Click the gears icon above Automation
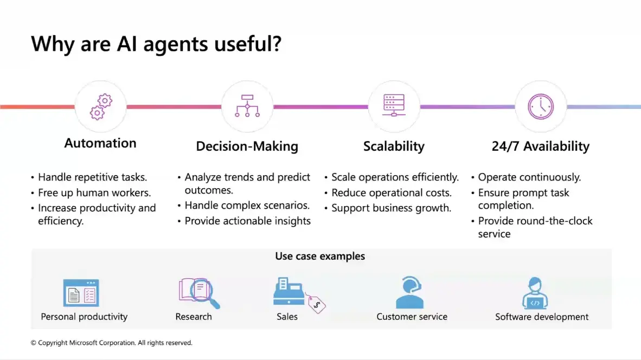(101, 107)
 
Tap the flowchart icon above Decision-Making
(247, 106)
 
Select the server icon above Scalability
(394, 105)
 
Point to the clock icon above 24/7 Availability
(541, 107)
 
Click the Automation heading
(100, 143)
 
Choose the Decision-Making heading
(247, 146)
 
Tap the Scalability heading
(394, 146)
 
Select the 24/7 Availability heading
(541, 146)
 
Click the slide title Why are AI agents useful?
(156, 44)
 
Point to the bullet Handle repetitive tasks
(92, 177)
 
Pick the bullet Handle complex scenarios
(247, 205)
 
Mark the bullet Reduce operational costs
(391, 192)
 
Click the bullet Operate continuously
(529, 177)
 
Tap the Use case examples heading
(320, 256)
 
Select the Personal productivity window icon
(81, 293)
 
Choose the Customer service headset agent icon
(410, 293)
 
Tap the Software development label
(542, 317)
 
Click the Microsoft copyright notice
(111, 343)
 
